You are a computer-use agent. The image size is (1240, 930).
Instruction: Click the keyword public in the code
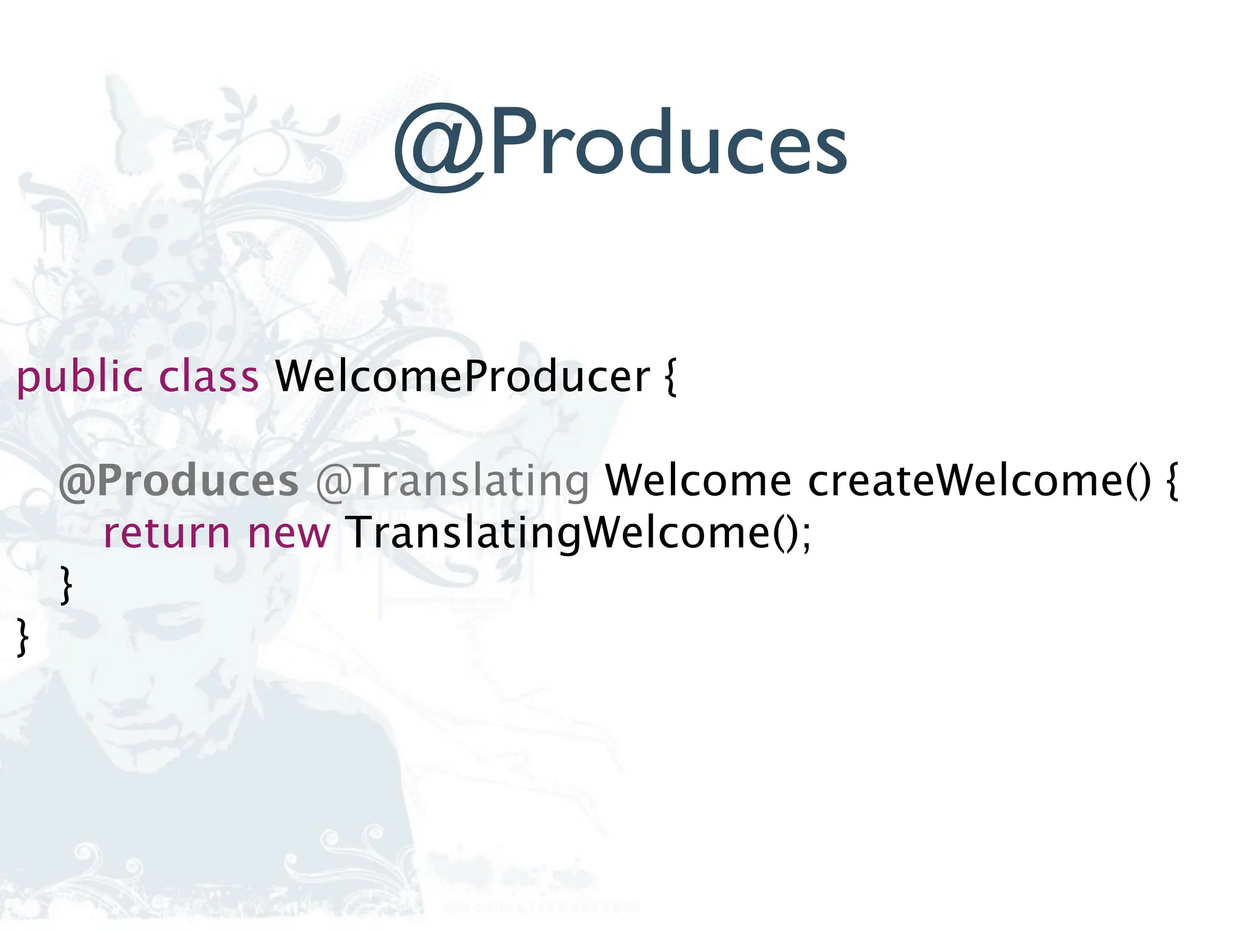click(79, 377)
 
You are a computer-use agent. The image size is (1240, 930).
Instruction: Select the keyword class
click(209, 377)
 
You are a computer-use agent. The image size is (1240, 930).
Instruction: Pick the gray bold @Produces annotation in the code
click(179, 481)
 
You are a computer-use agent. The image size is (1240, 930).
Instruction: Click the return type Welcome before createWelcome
click(698, 481)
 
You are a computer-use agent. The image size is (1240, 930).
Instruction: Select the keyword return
click(167, 533)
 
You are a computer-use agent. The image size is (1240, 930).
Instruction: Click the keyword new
click(289, 533)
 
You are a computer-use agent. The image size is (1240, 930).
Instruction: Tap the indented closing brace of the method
click(67, 585)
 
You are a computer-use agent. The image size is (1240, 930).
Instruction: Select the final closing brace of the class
click(23, 637)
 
